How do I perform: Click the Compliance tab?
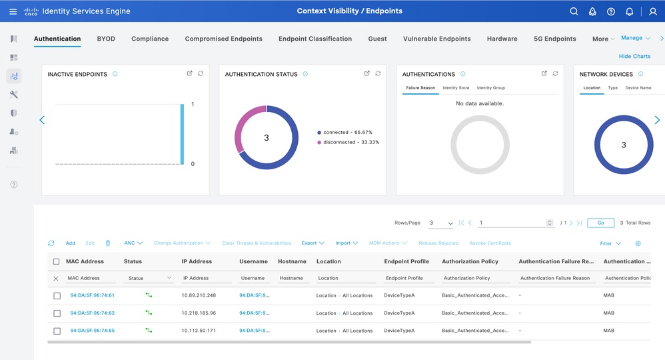[x=150, y=39]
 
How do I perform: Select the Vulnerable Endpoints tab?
[x=436, y=39]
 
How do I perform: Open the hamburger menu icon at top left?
[x=13, y=11]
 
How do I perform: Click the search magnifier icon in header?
[x=574, y=11]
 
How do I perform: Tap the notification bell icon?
[x=629, y=11]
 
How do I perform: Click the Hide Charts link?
[x=634, y=57]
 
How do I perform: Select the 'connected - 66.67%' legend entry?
[x=347, y=133]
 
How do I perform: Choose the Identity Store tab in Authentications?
[x=456, y=88]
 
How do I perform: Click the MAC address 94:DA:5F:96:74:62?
[x=93, y=313]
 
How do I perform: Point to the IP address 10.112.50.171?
[x=199, y=331]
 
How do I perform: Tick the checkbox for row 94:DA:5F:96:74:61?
[x=57, y=296]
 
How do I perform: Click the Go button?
[x=600, y=223]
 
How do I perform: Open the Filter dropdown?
[x=610, y=243]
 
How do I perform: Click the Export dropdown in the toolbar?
[x=313, y=243]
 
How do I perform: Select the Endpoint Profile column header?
[x=406, y=261]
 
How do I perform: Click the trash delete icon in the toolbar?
[x=108, y=243]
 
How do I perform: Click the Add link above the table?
[x=70, y=243]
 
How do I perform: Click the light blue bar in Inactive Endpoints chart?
[x=181, y=133]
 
